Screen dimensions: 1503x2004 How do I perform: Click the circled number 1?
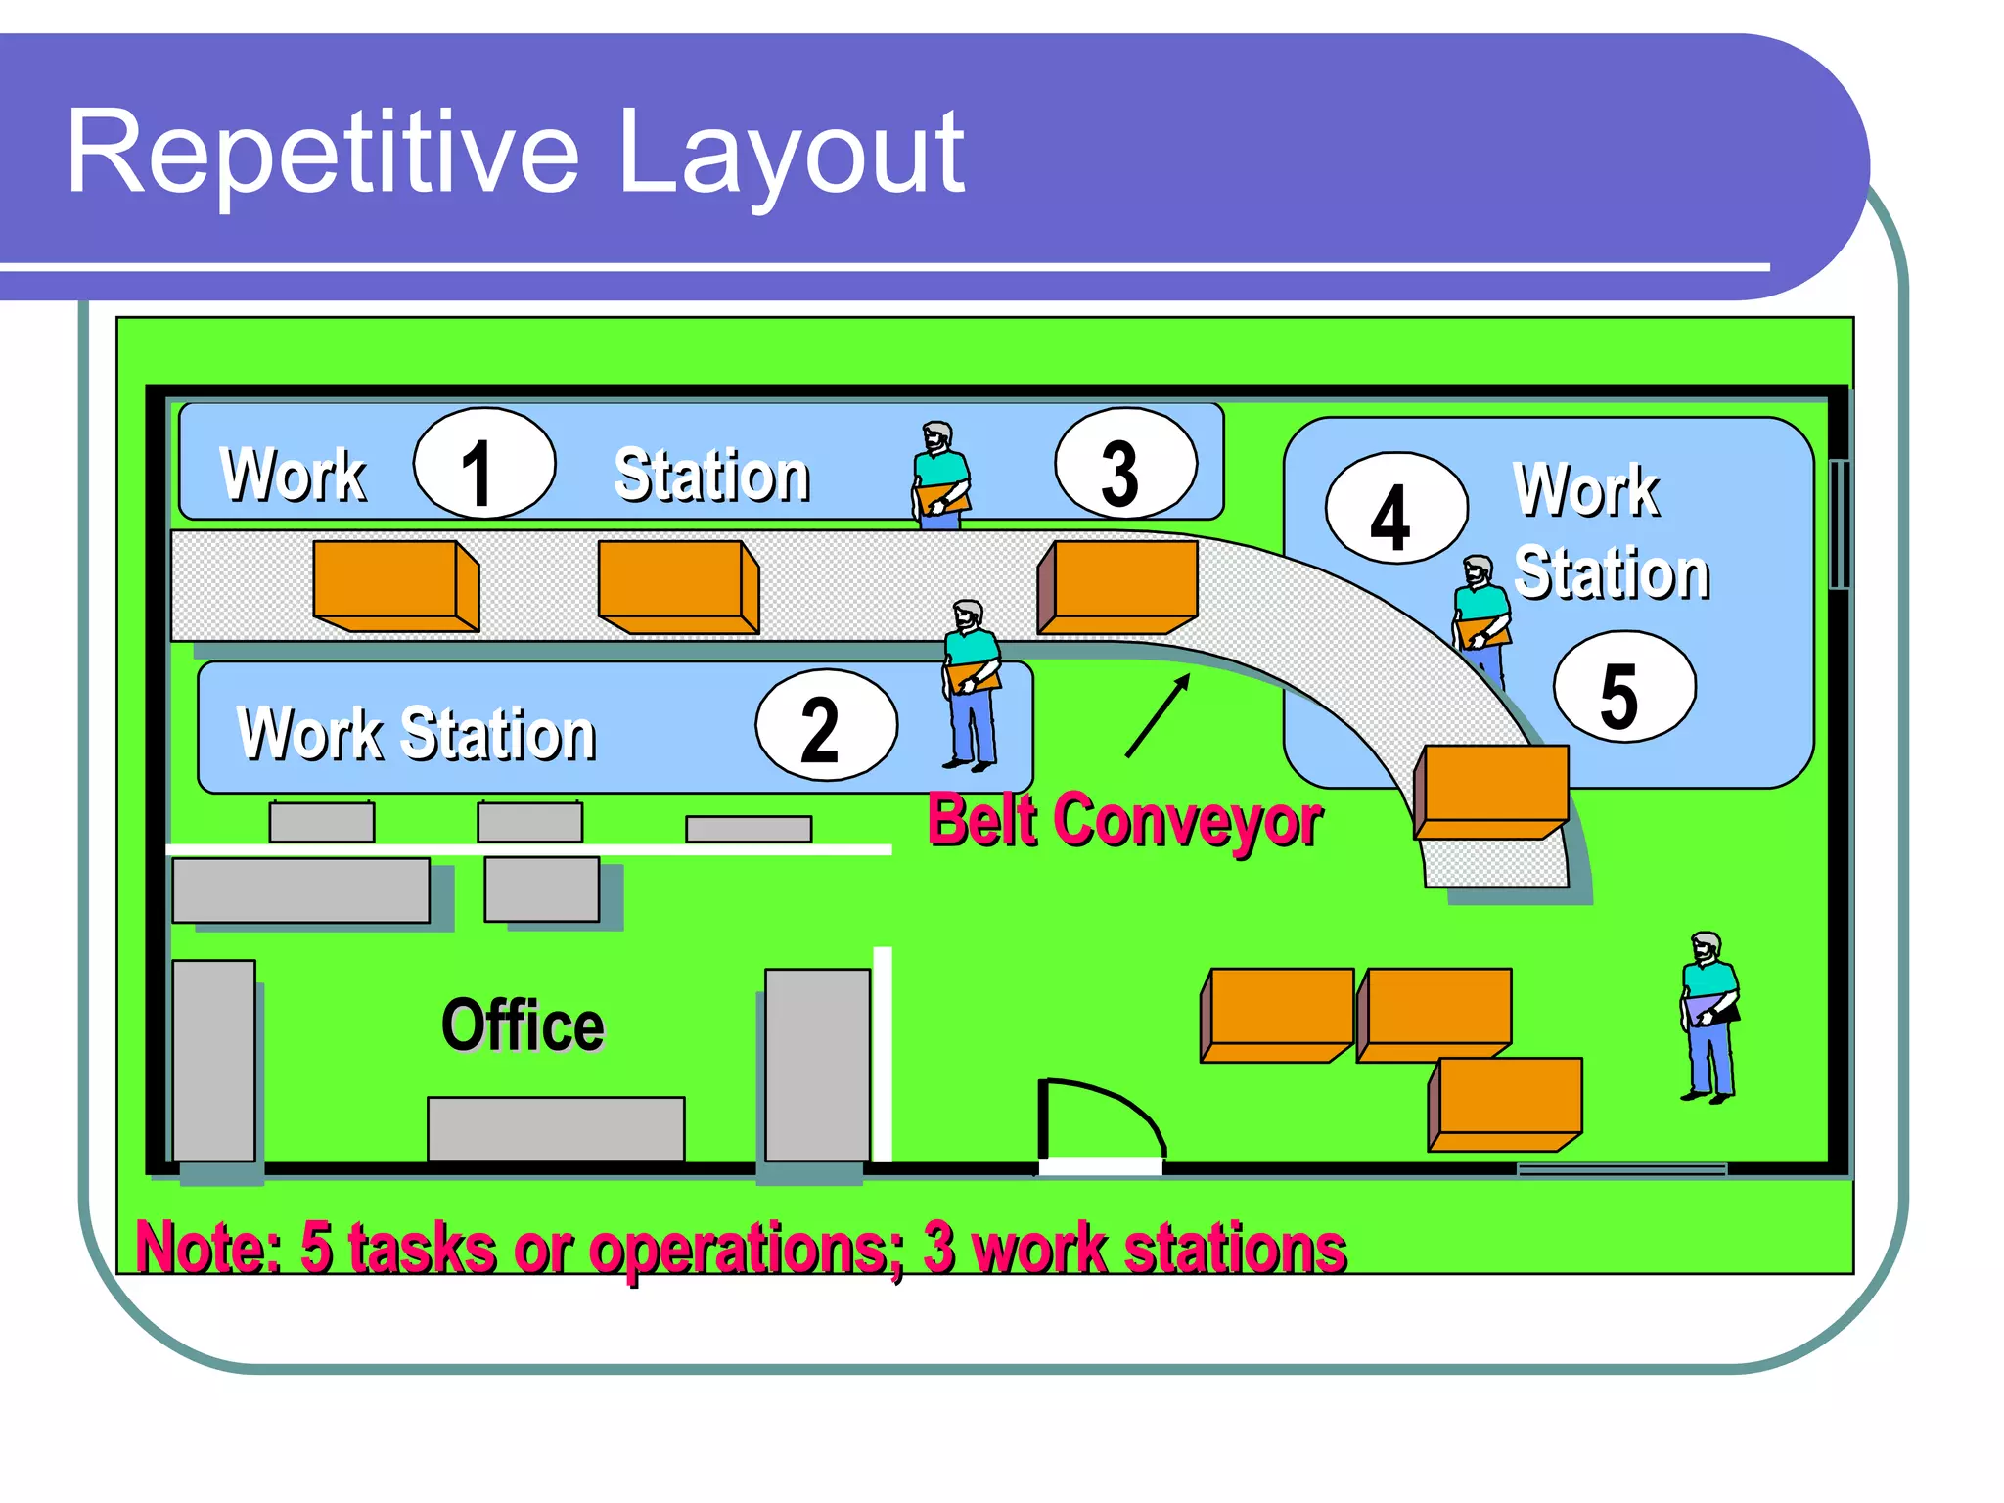pyautogui.click(x=484, y=464)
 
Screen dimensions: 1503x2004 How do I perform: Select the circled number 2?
pyautogui.click(x=826, y=725)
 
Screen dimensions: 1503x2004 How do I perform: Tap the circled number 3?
pyautogui.click(x=1125, y=464)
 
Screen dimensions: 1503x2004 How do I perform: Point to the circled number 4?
pyautogui.click(x=1396, y=509)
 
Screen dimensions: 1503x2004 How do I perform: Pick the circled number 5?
pyautogui.click(x=1624, y=687)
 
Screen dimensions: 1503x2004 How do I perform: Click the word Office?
pyautogui.click(x=523, y=1025)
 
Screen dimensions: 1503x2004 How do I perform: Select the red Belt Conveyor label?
pyautogui.click(x=1123, y=820)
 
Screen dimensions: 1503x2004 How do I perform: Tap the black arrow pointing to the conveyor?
pyautogui.click(x=1158, y=715)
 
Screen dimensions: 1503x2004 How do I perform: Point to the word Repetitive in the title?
pyautogui.click(x=322, y=154)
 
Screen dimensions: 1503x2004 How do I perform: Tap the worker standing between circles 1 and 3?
pyautogui.click(x=940, y=476)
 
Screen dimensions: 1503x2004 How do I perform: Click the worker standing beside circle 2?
pyautogui.click(x=971, y=684)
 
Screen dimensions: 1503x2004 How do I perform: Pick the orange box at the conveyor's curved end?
pyautogui.click(x=1492, y=791)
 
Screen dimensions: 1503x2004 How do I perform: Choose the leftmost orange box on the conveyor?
pyautogui.click(x=394, y=585)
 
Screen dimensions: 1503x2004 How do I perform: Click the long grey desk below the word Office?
pyautogui.click(x=556, y=1127)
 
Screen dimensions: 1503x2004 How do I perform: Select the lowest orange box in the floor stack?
pyautogui.click(x=1506, y=1103)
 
